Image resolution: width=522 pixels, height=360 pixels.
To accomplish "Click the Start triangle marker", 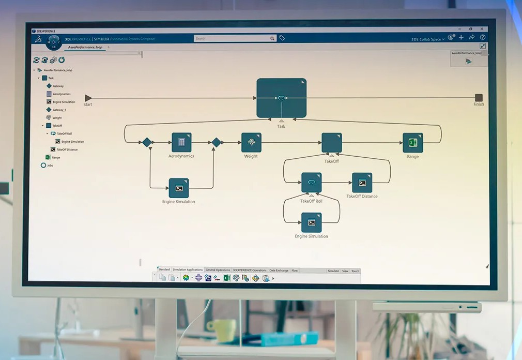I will click(88, 98).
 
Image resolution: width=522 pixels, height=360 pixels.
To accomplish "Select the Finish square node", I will click(479, 98).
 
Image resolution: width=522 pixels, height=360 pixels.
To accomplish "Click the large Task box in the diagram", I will click(281, 98).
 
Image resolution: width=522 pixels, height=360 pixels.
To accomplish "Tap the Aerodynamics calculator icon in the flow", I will click(181, 142).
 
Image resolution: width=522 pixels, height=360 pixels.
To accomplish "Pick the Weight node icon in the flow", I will click(251, 142).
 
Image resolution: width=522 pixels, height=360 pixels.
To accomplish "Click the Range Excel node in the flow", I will click(412, 142).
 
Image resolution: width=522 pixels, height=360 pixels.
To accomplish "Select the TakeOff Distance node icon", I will click(362, 183).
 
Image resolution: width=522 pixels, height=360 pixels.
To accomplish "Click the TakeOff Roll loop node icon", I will click(311, 183).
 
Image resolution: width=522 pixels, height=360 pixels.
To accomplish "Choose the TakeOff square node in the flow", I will click(331, 142).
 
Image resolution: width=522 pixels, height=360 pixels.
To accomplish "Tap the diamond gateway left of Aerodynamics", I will click(147, 142).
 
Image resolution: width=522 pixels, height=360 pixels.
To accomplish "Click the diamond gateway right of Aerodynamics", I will click(216, 142).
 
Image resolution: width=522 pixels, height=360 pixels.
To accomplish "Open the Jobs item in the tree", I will click(50, 166).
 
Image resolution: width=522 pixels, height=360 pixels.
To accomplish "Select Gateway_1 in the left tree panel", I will click(58, 110).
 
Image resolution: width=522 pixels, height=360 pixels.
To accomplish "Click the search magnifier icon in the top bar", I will click(272, 38).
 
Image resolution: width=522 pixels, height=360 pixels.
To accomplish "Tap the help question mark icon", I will click(483, 37).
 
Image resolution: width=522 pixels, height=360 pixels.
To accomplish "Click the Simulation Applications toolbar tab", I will click(187, 270).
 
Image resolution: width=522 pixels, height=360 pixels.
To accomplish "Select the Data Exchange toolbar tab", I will click(279, 270).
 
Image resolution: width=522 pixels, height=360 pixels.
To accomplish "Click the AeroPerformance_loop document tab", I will click(85, 47).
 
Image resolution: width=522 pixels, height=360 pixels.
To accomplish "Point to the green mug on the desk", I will click(221, 330).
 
